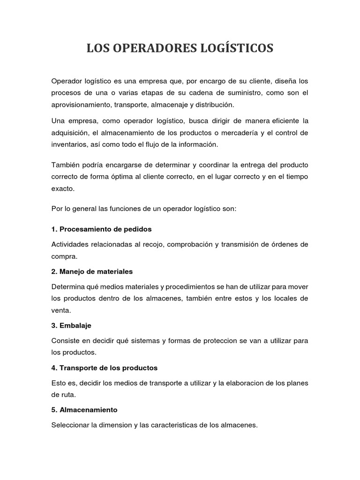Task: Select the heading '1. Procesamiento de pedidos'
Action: click(x=101, y=230)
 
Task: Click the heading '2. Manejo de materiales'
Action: click(x=92, y=271)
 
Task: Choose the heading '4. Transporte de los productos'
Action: click(x=104, y=367)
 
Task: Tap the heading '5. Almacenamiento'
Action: click(x=84, y=410)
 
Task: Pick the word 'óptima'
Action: click(x=127, y=176)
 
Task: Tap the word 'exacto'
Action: click(x=63, y=188)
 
